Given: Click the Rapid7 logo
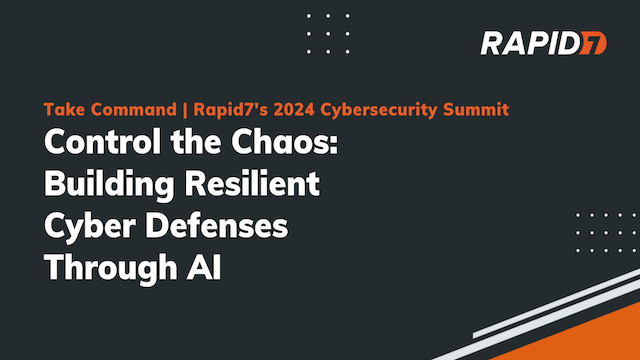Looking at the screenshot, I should pos(544,43).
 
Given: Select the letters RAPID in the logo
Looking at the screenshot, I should pos(530,43).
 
